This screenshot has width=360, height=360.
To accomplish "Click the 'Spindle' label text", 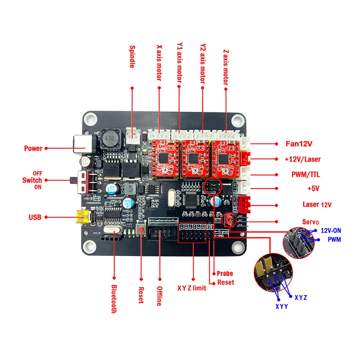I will [132, 57].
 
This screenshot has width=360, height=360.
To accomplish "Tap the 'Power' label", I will [33, 148].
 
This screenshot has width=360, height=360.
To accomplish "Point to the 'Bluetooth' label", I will [114, 298].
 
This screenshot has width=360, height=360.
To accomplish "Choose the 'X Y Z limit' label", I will [193, 288].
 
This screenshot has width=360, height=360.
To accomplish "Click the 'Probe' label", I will [225, 273].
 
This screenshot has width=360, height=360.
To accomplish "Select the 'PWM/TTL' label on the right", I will [306, 174].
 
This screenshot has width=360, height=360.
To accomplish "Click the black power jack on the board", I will [82, 144].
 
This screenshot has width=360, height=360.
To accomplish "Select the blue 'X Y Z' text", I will [301, 297].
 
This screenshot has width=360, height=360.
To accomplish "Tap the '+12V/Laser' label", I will [303, 159].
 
